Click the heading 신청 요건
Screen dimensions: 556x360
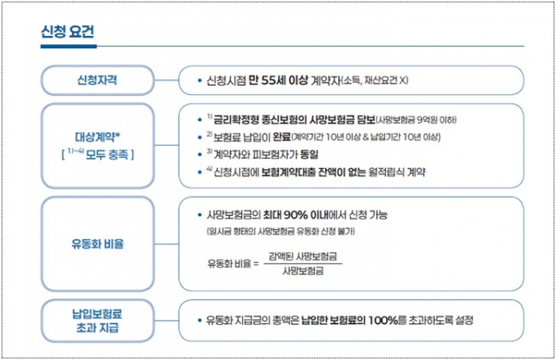click(67, 32)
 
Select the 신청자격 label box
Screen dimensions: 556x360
click(97, 80)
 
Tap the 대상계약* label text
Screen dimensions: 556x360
click(98, 137)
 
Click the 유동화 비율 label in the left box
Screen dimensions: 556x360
click(97, 244)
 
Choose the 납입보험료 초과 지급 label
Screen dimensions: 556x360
click(97, 321)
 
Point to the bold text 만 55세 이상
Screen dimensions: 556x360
click(278, 80)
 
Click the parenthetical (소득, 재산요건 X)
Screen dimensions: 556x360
click(374, 81)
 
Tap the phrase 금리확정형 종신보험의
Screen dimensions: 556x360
click(260, 120)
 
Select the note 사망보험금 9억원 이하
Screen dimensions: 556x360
click(416, 120)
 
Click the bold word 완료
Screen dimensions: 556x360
click(282, 137)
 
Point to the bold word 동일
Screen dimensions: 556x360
click(309, 155)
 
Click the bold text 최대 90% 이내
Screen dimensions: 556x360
click(296, 214)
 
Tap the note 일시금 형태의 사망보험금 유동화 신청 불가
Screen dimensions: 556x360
click(280, 232)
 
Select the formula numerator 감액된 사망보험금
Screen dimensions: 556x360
click(303, 256)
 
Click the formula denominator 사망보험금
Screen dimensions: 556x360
click(303, 272)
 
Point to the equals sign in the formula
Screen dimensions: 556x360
click(257, 264)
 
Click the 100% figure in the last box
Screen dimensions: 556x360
click(383, 321)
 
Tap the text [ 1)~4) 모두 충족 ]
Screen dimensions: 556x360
click(98, 155)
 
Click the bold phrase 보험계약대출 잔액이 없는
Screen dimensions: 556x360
click(313, 173)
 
